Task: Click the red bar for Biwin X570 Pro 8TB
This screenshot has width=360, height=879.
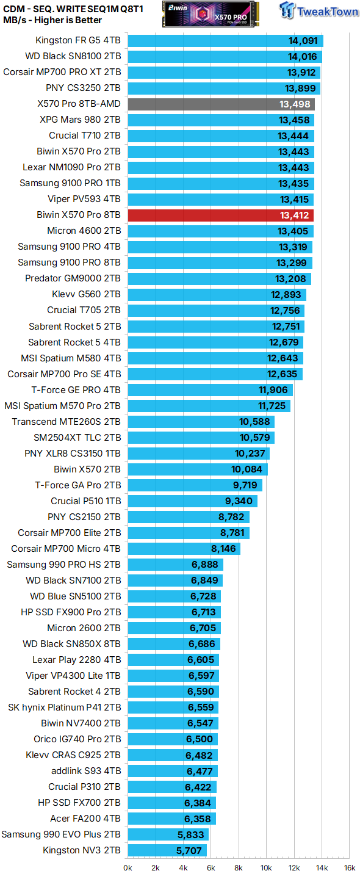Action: coord(220,215)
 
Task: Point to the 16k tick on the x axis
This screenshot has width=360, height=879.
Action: coord(350,868)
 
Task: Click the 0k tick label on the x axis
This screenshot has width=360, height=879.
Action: coord(128,868)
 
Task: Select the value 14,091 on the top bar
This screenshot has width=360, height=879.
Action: coord(303,41)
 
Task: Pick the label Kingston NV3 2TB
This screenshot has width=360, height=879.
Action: coord(82,850)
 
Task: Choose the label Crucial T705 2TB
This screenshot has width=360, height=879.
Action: coord(84,310)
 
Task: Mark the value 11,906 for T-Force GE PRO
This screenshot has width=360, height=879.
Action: coord(273,389)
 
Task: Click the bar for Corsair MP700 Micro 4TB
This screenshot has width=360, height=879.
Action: coord(184,548)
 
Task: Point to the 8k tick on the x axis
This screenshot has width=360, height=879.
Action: coord(239,868)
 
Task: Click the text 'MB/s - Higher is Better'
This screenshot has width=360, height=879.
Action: coord(52,20)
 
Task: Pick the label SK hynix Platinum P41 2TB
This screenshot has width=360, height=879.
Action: coord(64,707)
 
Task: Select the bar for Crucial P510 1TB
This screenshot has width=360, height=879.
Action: coord(192,501)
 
